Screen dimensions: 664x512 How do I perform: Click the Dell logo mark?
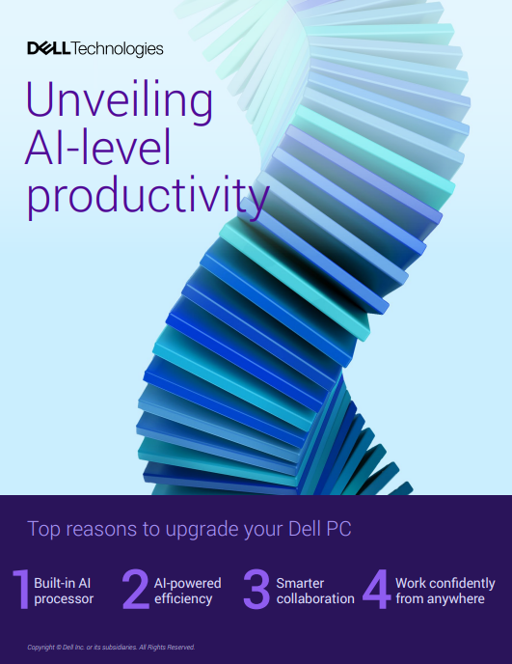[x=48, y=48]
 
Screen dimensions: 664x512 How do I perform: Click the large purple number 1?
[x=20, y=591]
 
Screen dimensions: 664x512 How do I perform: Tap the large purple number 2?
[x=136, y=591]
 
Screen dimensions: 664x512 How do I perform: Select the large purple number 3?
[x=256, y=591]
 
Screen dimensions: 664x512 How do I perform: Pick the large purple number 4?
[x=376, y=591]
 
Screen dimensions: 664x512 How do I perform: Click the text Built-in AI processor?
[x=64, y=591]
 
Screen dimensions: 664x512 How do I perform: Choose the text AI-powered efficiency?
[x=187, y=591]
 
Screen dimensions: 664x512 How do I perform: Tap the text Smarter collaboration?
[x=314, y=591]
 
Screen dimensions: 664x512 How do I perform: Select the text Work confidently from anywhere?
[x=445, y=591]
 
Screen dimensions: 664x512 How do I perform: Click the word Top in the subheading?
[x=42, y=529]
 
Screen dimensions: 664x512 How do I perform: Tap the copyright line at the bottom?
[x=111, y=647]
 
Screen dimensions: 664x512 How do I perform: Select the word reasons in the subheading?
[x=101, y=529]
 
